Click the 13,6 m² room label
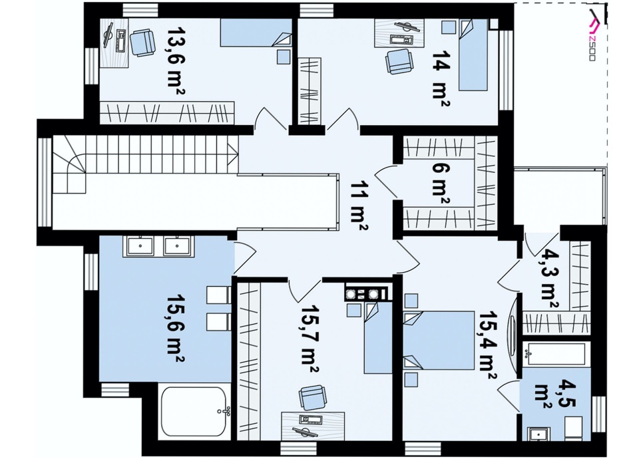click(176, 61)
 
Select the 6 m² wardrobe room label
click(441, 184)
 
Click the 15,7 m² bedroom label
click(309, 339)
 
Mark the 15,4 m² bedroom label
click(487, 345)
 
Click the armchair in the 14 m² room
click(399, 62)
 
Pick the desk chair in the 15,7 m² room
click(312, 398)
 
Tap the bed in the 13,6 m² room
click(256, 32)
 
